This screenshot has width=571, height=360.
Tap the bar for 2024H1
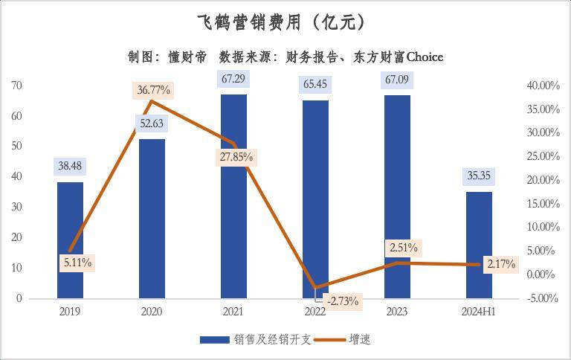479,245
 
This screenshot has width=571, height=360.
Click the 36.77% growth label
154,90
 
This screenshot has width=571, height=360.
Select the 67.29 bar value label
233,78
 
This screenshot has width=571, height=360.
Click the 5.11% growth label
77,263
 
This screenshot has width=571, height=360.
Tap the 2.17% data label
500,264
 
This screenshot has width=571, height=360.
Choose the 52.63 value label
152,123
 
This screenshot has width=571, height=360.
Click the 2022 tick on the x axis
315,312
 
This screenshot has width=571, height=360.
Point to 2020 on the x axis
152,312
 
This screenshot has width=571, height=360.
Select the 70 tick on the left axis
16,86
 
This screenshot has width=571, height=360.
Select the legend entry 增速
360,340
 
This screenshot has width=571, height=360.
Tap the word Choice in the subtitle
425,57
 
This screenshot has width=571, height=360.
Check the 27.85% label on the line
236,157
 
